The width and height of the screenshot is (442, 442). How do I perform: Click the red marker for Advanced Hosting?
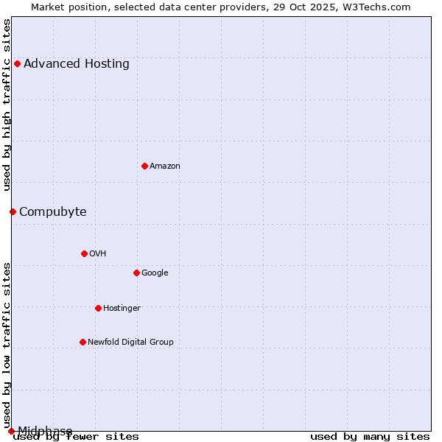(x=17, y=63)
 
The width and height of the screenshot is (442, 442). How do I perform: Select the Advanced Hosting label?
(x=77, y=63)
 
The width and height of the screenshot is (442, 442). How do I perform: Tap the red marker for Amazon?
(x=144, y=166)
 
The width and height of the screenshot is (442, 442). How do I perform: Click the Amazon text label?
(x=165, y=166)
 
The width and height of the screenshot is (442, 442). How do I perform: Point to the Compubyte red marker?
(x=13, y=211)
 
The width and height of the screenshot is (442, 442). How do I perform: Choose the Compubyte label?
(x=53, y=212)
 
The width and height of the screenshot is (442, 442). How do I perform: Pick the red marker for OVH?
(x=84, y=253)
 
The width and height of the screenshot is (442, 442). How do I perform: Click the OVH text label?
(x=98, y=254)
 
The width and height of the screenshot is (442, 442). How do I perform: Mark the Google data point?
(x=136, y=273)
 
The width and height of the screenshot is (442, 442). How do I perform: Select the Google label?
(x=155, y=273)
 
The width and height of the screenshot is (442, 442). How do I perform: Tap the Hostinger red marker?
(x=98, y=308)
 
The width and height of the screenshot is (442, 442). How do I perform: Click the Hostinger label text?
(x=122, y=309)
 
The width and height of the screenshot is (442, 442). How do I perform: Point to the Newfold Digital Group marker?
(x=83, y=342)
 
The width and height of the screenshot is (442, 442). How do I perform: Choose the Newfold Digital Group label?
(x=130, y=342)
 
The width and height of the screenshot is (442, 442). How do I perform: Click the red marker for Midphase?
(x=11, y=431)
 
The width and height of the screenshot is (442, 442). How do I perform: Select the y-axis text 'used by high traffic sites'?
(x=7, y=105)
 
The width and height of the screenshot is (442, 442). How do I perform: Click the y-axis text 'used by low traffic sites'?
(x=7, y=345)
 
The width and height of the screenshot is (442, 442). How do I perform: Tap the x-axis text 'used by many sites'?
(x=370, y=437)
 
